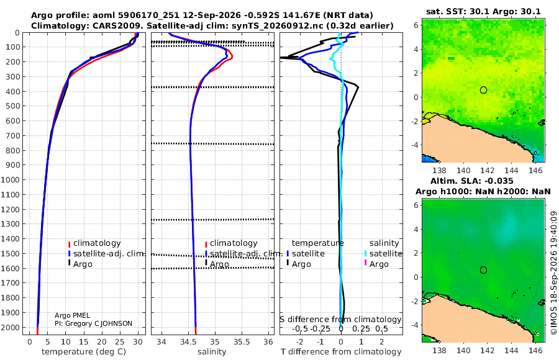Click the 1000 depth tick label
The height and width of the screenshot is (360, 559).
(x=10, y=179)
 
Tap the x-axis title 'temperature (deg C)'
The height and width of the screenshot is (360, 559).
(x=84, y=352)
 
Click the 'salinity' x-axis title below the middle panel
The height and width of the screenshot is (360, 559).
(x=212, y=352)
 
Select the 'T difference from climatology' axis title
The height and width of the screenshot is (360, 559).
(x=341, y=352)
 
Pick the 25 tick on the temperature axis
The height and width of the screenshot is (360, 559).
(x=120, y=342)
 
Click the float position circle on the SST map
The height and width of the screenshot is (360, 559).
(x=483, y=90)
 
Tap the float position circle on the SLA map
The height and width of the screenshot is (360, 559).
(x=483, y=270)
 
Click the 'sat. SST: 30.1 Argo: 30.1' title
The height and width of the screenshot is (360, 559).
(x=483, y=11)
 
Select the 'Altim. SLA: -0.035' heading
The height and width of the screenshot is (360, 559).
(x=471, y=181)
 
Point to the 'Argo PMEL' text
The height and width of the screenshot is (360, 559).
(x=72, y=315)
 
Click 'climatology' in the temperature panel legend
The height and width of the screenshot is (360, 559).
(x=97, y=243)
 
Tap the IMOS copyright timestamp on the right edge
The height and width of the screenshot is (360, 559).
(x=553, y=273)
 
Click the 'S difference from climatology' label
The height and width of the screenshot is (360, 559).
(x=340, y=320)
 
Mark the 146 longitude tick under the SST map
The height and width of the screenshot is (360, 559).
(x=535, y=170)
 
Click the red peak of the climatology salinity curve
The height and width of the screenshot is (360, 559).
(x=232, y=57)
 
